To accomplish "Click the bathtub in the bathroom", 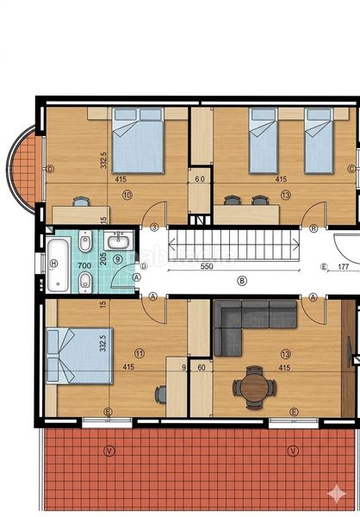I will [58, 264].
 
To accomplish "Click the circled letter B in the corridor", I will [242, 280].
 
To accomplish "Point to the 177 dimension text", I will [343, 267].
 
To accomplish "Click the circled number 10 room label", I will [127, 196].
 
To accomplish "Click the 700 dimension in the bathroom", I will [84, 266].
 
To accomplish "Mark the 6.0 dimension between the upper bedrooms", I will [200, 179].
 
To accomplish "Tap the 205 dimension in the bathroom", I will [103, 257].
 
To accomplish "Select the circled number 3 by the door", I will [154, 227].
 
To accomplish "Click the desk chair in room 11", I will [161, 394].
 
